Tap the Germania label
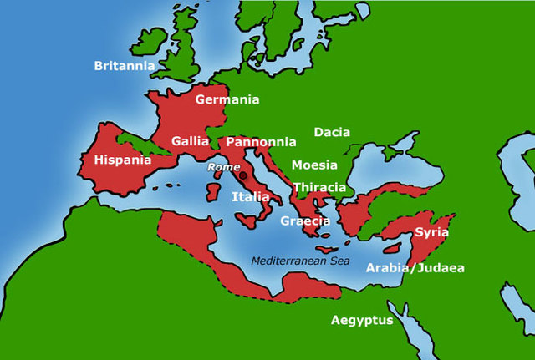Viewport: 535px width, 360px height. pyautogui.click(x=227, y=99)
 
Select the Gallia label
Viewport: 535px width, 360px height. pyautogui.click(x=190, y=141)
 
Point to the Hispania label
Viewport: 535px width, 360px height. pyautogui.click(x=122, y=160)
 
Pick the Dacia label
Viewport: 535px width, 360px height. pyautogui.click(x=332, y=132)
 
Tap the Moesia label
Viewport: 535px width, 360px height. pyautogui.click(x=314, y=165)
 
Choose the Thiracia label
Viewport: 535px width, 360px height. pyautogui.click(x=319, y=187)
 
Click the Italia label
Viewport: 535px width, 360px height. pyautogui.click(x=251, y=197)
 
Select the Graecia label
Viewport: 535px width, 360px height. pyautogui.click(x=305, y=221)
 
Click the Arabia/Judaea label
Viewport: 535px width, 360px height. pyautogui.click(x=415, y=268)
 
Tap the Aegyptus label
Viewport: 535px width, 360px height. pyautogui.click(x=362, y=320)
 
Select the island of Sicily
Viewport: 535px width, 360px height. pyautogui.click(x=247, y=221)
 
